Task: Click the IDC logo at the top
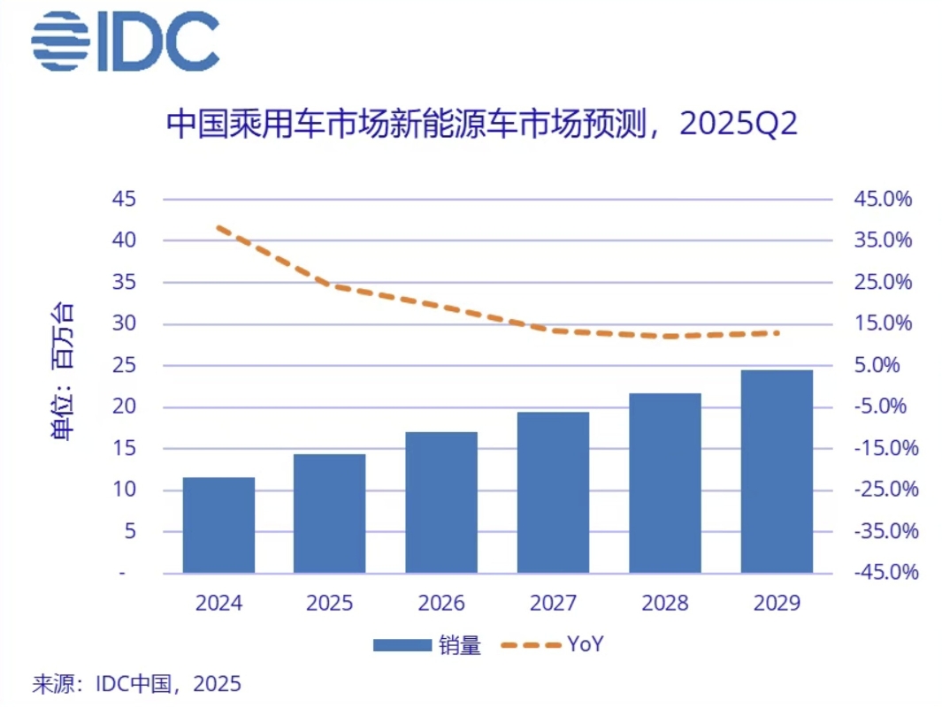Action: pyautogui.click(x=125, y=42)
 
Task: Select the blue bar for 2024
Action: pyautogui.click(x=218, y=525)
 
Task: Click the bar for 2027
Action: pyautogui.click(x=553, y=492)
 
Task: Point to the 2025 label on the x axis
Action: pyautogui.click(x=330, y=604)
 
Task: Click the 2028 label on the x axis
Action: pyautogui.click(x=665, y=604)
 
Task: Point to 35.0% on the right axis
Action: pyautogui.click(x=882, y=240)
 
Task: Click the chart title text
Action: pyautogui.click(x=482, y=124)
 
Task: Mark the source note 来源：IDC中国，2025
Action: pyautogui.click(x=136, y=684)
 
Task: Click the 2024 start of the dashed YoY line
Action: pyautogui.click(x=218, y=228)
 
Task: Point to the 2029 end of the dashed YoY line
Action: pyautogui.click(x=777, y=332)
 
